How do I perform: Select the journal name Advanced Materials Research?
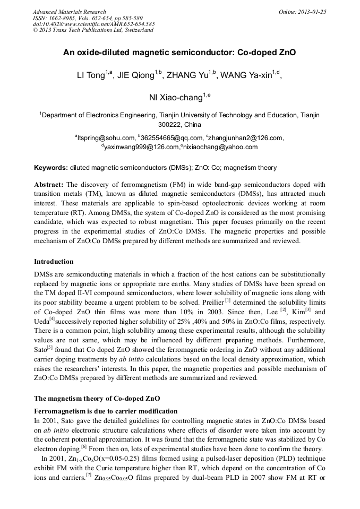69,12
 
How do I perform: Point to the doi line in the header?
93,24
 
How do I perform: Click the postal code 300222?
168,125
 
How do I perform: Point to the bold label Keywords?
51,168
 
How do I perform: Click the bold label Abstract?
49,185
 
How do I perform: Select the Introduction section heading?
54,262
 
